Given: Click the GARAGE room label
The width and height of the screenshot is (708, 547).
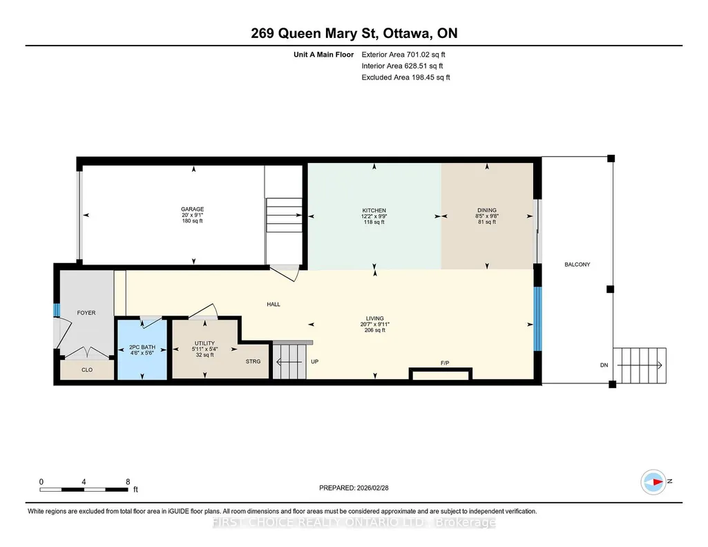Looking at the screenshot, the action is [x=192, y=209].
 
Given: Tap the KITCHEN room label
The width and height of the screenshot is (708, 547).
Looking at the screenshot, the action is [x=374, y=211].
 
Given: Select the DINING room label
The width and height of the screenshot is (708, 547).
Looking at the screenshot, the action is [x=487, y=211].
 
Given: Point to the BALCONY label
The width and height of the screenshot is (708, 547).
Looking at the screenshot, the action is [x=577, y=265].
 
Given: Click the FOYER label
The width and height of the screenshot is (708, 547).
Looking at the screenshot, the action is [x=86, y=313].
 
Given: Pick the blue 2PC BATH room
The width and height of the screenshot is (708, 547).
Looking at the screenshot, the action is [x=142, y=349].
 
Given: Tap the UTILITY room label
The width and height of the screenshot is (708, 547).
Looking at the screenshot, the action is [x=204, y=343].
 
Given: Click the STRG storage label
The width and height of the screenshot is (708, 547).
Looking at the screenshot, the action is [x=253, y=361].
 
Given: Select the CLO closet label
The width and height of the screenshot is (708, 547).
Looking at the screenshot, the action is [x=87, y=370].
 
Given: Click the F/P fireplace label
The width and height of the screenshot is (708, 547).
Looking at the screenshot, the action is [x=445, y=363].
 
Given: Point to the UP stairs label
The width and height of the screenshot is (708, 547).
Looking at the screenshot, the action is [x=315, y=361].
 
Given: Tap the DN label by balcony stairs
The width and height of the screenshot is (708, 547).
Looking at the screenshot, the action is [x=604, y=365].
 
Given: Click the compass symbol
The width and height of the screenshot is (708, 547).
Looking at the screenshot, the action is [x=653, y=482].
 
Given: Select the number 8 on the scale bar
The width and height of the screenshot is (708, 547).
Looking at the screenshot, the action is [x=128, y=481].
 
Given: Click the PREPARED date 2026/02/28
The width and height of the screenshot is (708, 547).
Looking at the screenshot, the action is [x=372, y=488].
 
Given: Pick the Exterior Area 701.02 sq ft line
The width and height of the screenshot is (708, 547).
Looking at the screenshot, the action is [x=403, y=55].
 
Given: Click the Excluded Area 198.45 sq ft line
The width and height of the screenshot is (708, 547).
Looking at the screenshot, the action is [x=405, y=77].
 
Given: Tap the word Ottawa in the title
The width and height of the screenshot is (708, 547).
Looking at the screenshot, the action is [x=408, y=33].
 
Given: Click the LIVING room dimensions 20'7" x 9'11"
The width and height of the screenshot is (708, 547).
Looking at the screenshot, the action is [x=375, y=325].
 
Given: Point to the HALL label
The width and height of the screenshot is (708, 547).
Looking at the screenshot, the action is [x=274, y=305].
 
